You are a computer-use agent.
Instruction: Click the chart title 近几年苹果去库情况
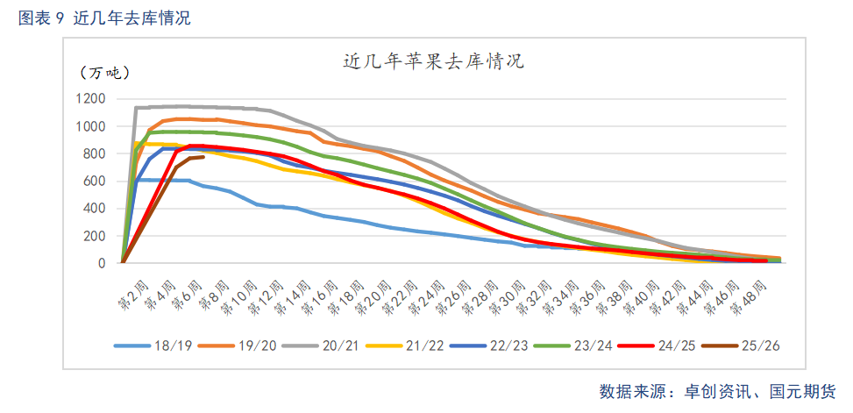coord(432,62)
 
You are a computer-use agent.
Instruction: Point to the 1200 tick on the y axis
coord(90,99)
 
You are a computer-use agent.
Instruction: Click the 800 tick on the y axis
coord(95,153)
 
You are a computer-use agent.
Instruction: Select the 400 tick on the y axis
coord(95,209)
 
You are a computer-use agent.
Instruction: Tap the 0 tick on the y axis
coord(103,263)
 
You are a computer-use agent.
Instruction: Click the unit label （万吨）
coord(104,73)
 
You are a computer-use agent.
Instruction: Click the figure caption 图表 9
coord(42,18)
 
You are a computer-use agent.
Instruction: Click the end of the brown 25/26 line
coord(203,157)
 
